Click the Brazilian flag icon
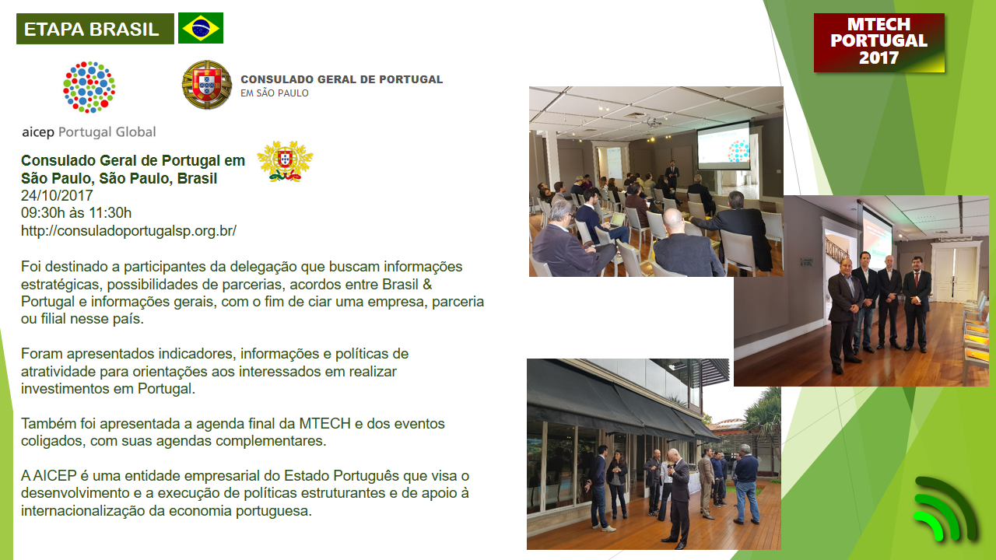click(x=201, y=28)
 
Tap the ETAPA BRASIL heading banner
click(x=95, y=29)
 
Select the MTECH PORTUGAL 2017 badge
click(x=879, y=42)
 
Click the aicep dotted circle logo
click(x=89, y=87)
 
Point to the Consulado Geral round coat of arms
click(x=207, y=85)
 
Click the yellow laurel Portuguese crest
click(x=285, y=161)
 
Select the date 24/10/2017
click(x=57, y=195)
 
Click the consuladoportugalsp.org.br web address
click(x=128, y=231)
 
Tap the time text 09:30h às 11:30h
click(x=76, y=213)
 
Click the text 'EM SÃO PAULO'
click(x=275, y=93)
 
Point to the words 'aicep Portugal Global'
click(x=89, y=132)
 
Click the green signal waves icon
click(x=945, y=508)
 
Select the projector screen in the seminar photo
click(x=724, y=145)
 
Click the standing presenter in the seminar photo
click(x=672, y=174)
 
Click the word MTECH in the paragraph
click(x=325, y=424)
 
